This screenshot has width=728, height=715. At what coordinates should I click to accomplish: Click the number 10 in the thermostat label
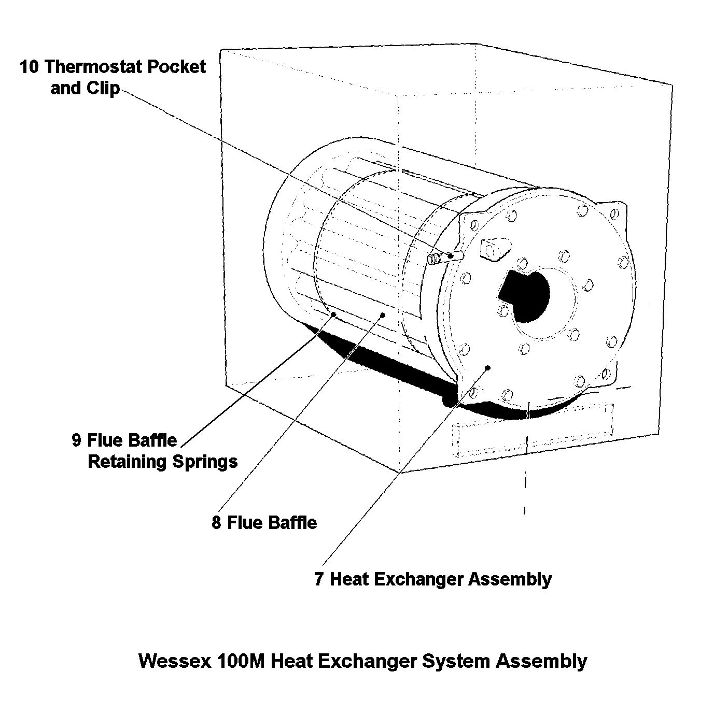[29, 67]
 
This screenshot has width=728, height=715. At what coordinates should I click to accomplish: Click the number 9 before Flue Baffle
[77, 441]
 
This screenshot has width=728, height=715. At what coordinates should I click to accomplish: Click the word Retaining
[128, 462]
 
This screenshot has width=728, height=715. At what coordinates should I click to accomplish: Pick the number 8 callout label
[216, 523]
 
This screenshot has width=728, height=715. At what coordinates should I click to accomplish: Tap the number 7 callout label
[319, 579]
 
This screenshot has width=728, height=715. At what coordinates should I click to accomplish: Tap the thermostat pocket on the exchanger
[444, 258]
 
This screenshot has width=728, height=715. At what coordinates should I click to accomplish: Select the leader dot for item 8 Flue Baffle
[382, 314]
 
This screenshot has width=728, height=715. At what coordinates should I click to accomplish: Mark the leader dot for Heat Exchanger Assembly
[488, 367]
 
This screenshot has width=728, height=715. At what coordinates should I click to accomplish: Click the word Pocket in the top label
[176, 67]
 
